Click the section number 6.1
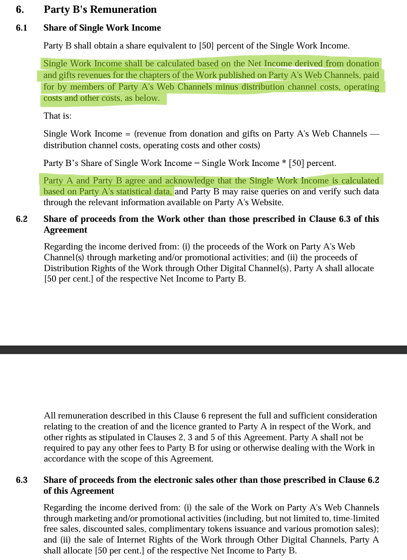[21, 28]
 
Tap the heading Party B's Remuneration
[100, 10]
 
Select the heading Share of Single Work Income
[102, 28]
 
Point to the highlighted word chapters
[155, 75]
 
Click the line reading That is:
[57, 116]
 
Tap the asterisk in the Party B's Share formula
[284, 163]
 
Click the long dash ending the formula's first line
[374, 134]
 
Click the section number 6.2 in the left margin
[21, 219]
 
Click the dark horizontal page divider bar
[203, 350]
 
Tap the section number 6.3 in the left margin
[21, 480]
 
